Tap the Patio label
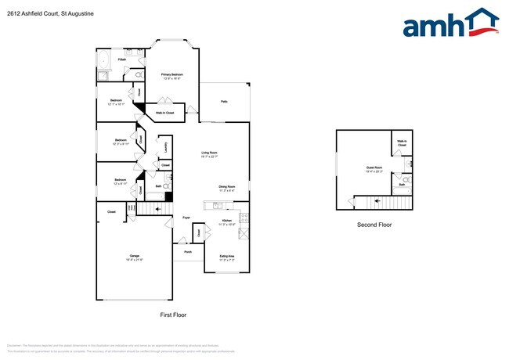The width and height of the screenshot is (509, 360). (x=224, y=102)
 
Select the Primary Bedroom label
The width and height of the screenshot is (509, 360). (x=172, y=76)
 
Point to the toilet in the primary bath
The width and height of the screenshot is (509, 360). (x=139, y=75)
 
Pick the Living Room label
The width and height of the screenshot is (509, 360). (x=210, y=154)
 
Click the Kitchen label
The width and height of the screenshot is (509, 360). (x=227, y=222)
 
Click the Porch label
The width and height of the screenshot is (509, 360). (x=188, y=252)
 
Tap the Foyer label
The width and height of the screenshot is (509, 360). (x=186, y=218)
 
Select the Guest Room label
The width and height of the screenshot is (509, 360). (x=374, y=168)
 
